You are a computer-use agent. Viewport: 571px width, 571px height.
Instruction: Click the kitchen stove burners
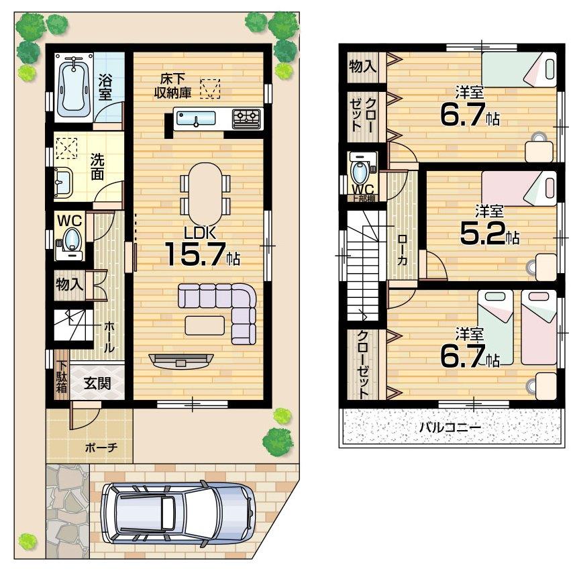(x=246, y=119)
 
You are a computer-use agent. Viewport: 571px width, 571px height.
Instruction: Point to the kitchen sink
(x=196, y=120)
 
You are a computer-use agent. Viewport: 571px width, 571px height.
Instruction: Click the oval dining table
(x=205, y=193)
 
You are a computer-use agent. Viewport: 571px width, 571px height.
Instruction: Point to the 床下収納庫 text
(x=176, y=85)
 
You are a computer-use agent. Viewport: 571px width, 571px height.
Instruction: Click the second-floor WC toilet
(x=361, y=172)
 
